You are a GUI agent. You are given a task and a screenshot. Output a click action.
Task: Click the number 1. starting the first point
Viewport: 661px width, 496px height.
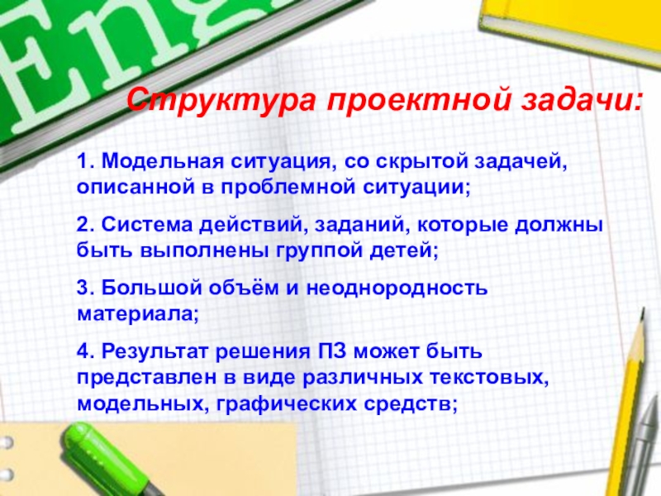[x=85, y=159]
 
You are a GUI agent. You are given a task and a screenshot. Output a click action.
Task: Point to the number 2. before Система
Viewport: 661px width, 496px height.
[x=85, y=224]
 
